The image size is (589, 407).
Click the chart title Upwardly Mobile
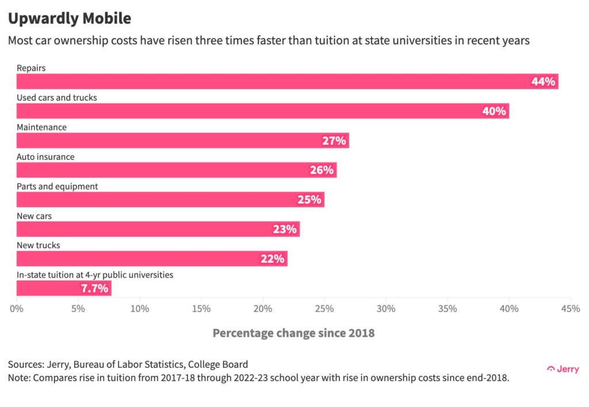coord(69,18)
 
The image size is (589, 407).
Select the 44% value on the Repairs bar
coord(543,82)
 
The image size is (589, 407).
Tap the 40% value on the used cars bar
coord(494,112)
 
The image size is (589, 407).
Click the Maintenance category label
coord(41,127)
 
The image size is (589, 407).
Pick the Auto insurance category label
coord(45,157)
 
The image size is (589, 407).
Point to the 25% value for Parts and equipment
coord(309,200)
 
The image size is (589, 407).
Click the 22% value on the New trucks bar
coord(272,259)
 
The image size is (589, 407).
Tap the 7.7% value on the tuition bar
coord(94,289)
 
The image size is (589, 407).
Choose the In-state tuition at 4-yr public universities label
coord(95,275)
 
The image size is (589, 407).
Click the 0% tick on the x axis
coord(17,309)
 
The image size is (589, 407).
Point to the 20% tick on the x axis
coord(263,309)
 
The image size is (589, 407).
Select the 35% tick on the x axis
coord(448,309)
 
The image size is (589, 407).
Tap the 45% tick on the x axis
coord(570,309)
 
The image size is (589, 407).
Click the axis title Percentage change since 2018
coord(293,333)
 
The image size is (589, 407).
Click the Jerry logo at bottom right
coord(563,369)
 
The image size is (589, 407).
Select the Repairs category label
coord(31,68)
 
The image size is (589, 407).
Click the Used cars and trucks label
coord(57,98)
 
